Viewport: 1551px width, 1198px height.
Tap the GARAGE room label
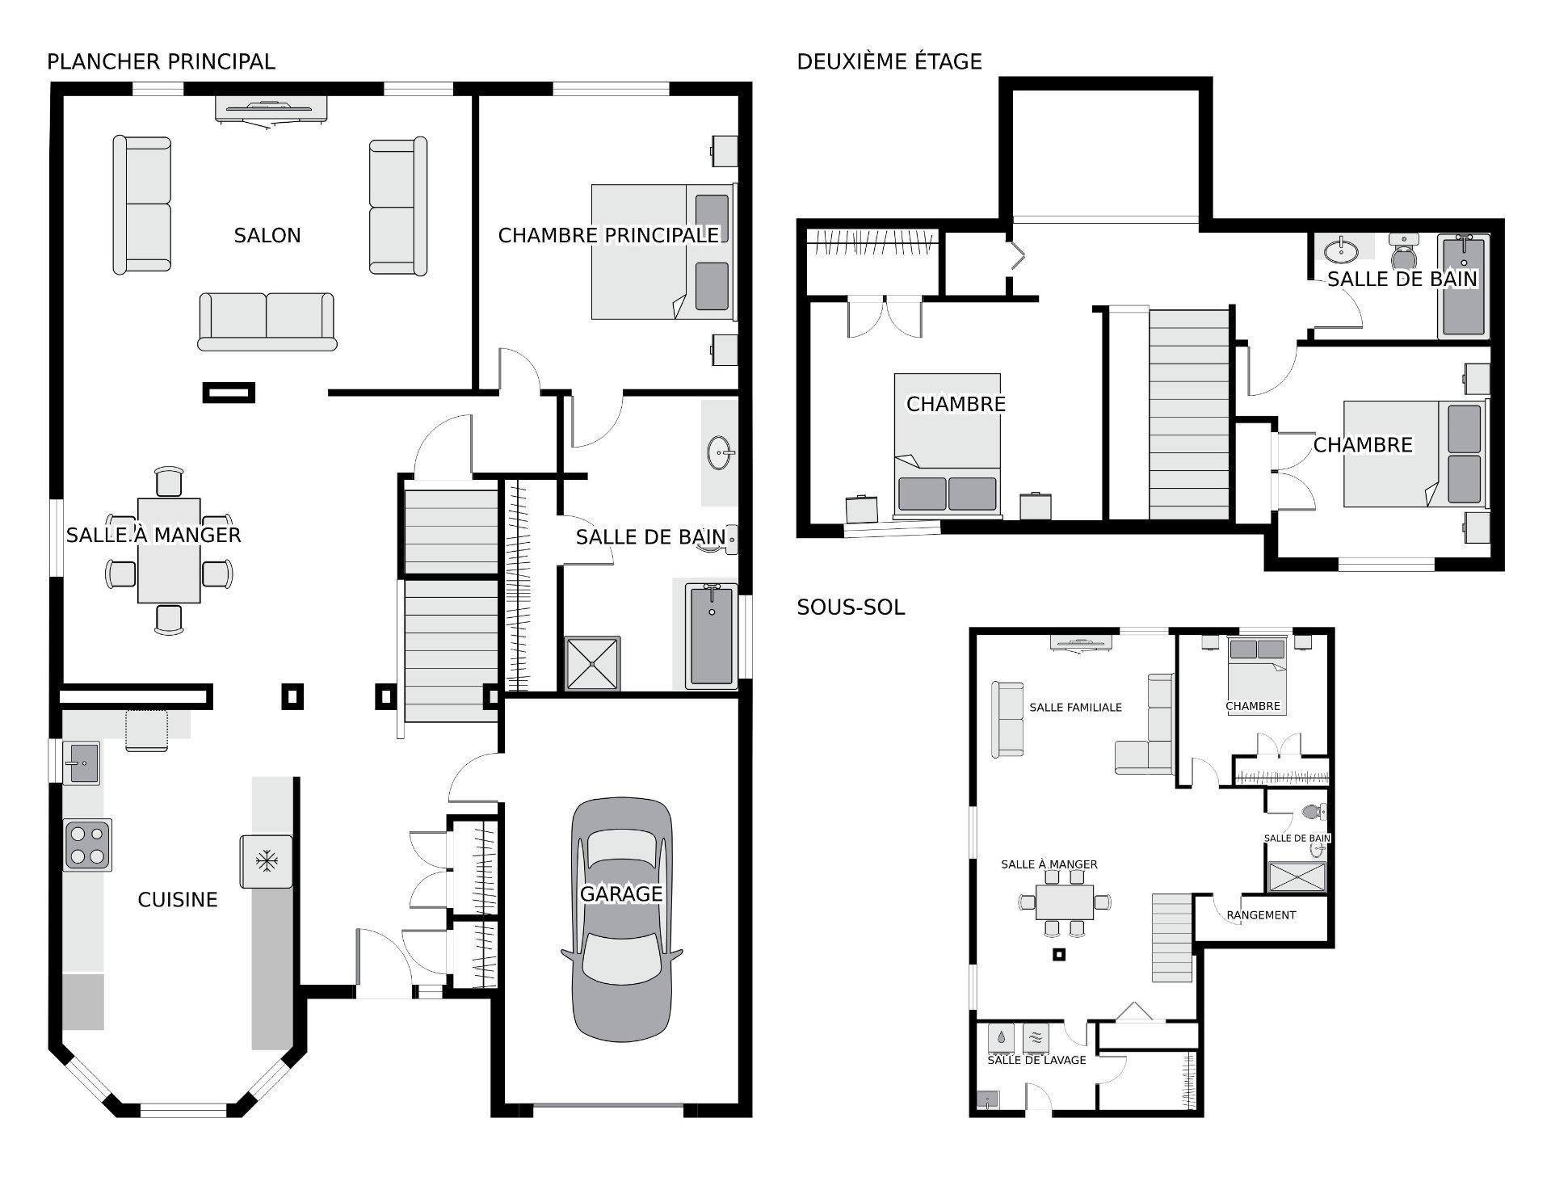click(x=621, y=893)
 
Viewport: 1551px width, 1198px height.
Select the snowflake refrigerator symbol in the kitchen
click(x=265, y=861)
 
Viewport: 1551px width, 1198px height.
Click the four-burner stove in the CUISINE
click(x=87, y=844)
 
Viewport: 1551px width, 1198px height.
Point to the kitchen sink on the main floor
click(x=82, y=762)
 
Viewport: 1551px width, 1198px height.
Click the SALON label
click(x=267, y=235)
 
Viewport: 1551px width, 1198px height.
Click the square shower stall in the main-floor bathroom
click(x=592, y=664)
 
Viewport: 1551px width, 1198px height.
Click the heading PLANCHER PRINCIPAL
click(x=161, y=61)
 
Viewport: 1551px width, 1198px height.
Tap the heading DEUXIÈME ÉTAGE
click(x=889, y=61)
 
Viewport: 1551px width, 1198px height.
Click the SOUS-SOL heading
click(x=851, y=607)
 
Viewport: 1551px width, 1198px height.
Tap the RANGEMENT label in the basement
click(x=1260, y=915)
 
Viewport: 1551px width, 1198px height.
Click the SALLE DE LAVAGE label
click(x=1036, y=1060)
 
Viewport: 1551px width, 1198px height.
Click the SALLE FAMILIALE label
click(x=1075, y=707)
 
